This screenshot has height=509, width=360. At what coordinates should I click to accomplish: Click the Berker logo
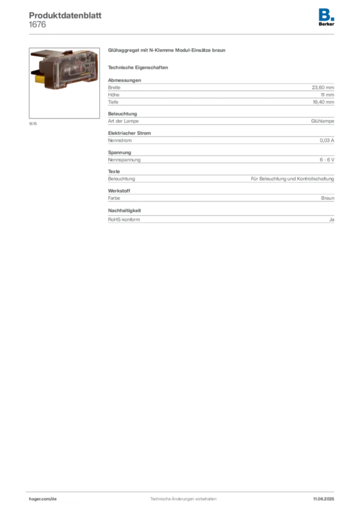[x=326, y=17]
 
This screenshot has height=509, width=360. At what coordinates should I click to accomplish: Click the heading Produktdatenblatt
[x=65, y=15]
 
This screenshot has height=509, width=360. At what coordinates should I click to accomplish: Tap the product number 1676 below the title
[x=37, y=25]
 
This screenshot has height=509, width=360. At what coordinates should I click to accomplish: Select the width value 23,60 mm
[x=323, y=87]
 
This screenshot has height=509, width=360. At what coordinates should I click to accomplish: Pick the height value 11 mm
[x=327, y=95]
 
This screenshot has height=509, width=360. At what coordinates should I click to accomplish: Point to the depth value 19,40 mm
[x=323, y=102]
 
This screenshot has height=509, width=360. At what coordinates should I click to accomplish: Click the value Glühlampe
[x=322, y=121]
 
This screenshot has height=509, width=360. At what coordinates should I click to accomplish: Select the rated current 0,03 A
[x=327, y=141]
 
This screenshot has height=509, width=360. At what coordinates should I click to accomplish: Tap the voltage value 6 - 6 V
[x=327, y=160]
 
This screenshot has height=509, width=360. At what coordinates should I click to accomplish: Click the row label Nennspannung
[x=124, y=160]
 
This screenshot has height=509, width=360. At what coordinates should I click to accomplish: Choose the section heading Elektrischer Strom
[x=129, y=133]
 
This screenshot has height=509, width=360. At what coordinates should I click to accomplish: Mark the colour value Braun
[x=328, y=198]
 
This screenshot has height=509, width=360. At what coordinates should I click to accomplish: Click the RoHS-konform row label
[x=124, y=219]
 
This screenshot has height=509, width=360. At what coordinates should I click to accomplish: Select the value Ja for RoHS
[x=332, y=219]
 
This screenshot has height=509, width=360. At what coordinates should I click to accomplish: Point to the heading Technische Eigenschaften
[x=138, y=68]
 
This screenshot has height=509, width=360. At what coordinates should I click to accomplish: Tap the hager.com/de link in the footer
[x=43, y=499]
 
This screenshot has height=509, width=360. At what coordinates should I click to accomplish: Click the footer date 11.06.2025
[x=324, y=499]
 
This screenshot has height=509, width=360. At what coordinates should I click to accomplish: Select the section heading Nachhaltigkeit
[x=124, y=210]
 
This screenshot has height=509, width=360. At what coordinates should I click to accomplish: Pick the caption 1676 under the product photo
[x=33, y=124]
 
